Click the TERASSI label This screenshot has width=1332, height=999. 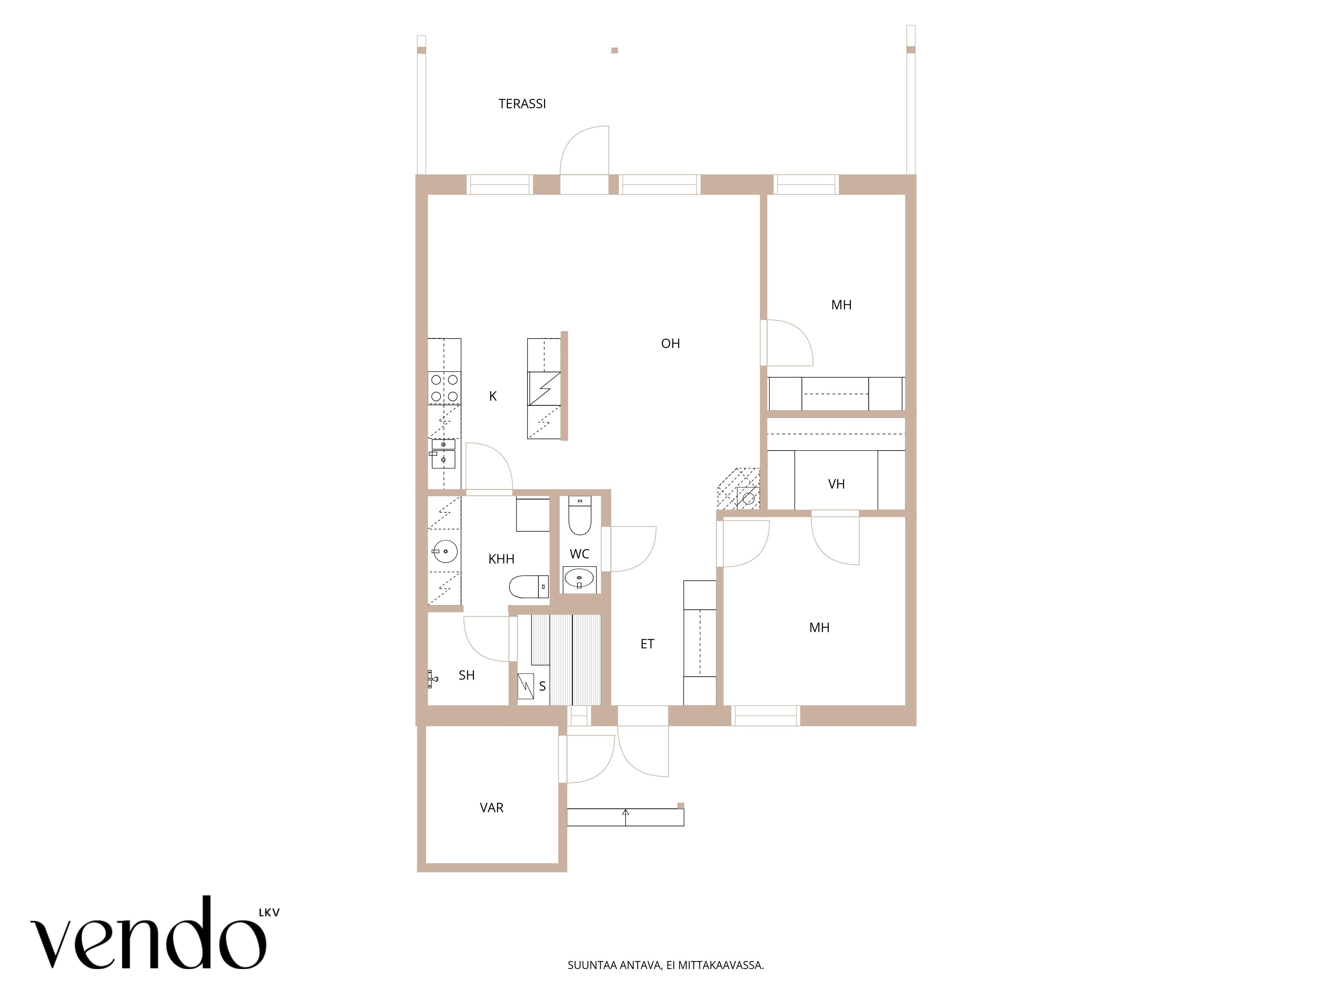522,104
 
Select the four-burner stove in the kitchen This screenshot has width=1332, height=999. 445,388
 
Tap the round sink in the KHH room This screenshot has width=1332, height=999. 445,550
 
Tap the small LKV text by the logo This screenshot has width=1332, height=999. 269,913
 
